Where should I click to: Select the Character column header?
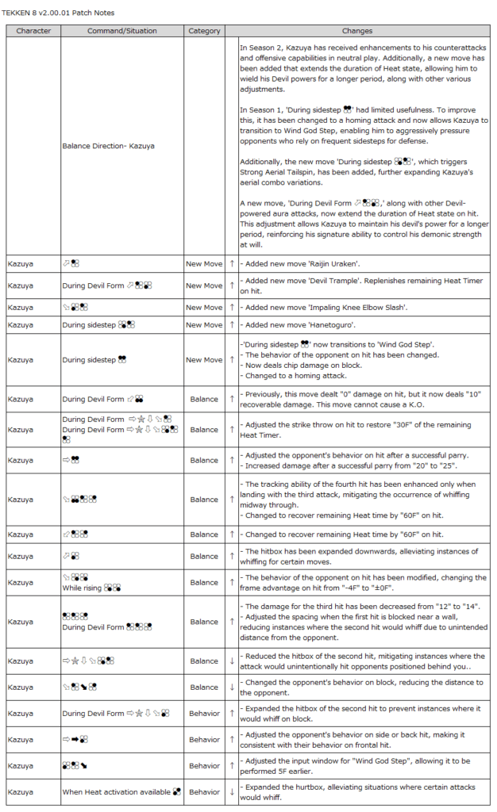pos(33,31)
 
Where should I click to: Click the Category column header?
pos(204,31)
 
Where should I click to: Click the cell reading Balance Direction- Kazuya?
pos(108,146)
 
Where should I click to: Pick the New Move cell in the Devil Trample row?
pos(204,285)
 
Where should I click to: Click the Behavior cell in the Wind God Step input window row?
pos(204,766)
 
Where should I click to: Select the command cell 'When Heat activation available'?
pos(121,791)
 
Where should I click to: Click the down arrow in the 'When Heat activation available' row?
pos(231,791)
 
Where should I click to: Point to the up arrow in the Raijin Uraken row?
pos(231,262)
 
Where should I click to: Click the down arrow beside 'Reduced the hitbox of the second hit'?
pos(231,661)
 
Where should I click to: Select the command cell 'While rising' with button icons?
pos(91,588)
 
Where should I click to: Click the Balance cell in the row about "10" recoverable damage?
pos(204,399)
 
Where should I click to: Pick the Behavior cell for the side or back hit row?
pos(204,740)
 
